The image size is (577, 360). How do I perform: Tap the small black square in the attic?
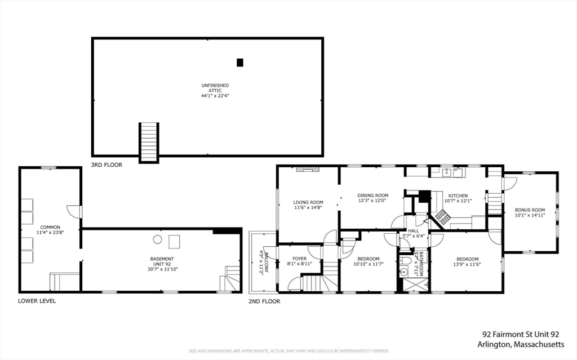239,63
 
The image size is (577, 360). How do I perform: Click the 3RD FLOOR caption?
106,165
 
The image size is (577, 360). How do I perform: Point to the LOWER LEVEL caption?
37,301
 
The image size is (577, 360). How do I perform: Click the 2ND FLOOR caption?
264,301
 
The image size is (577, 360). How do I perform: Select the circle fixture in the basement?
158,239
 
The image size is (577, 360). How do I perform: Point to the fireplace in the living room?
308,168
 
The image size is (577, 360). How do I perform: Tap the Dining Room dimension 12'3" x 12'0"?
373,201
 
